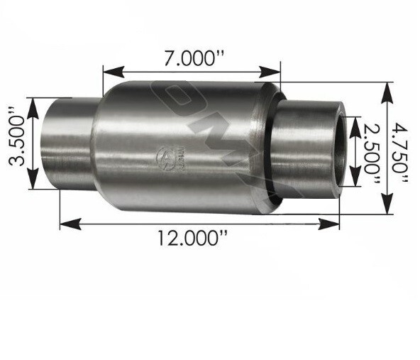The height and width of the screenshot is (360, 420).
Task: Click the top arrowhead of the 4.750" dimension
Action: (x=388, y=89)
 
